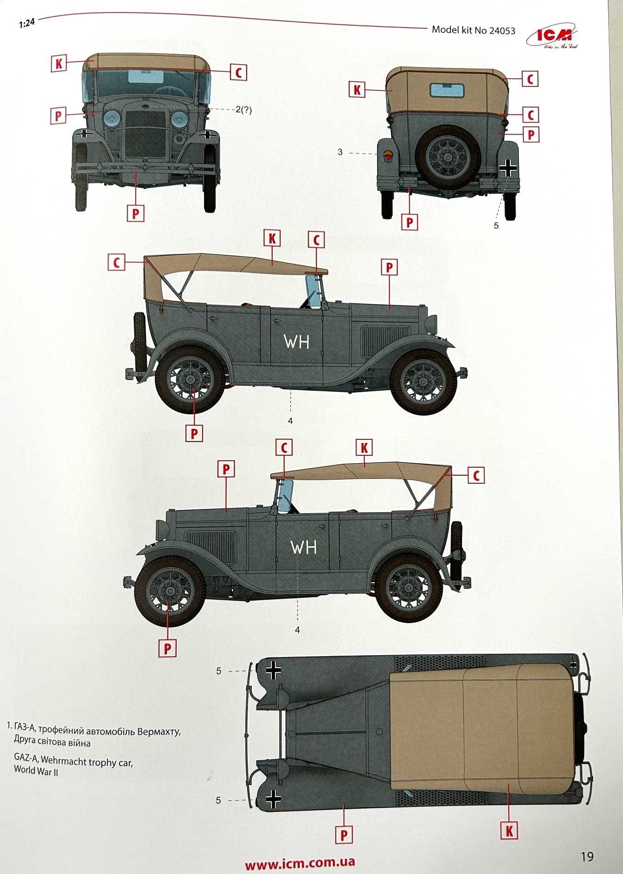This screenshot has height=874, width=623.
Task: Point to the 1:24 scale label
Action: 27,23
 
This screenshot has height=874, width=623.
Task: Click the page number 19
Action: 587,856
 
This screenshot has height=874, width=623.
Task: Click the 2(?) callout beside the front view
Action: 243,110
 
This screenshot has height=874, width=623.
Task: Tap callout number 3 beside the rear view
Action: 340,152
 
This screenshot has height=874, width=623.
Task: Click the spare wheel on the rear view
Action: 448,157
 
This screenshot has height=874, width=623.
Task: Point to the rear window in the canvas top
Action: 447,90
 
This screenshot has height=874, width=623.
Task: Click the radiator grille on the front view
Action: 145,134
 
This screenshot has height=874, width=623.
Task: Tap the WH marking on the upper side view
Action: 296,342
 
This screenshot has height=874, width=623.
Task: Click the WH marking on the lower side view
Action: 304,547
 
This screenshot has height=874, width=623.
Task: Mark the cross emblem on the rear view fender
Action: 508,168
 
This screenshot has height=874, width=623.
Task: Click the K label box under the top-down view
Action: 509,831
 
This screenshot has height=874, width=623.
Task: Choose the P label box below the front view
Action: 136,214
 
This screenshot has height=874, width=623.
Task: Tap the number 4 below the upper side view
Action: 290,421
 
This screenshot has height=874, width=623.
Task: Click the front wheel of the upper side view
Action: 424,382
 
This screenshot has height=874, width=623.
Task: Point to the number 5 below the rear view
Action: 496,226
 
